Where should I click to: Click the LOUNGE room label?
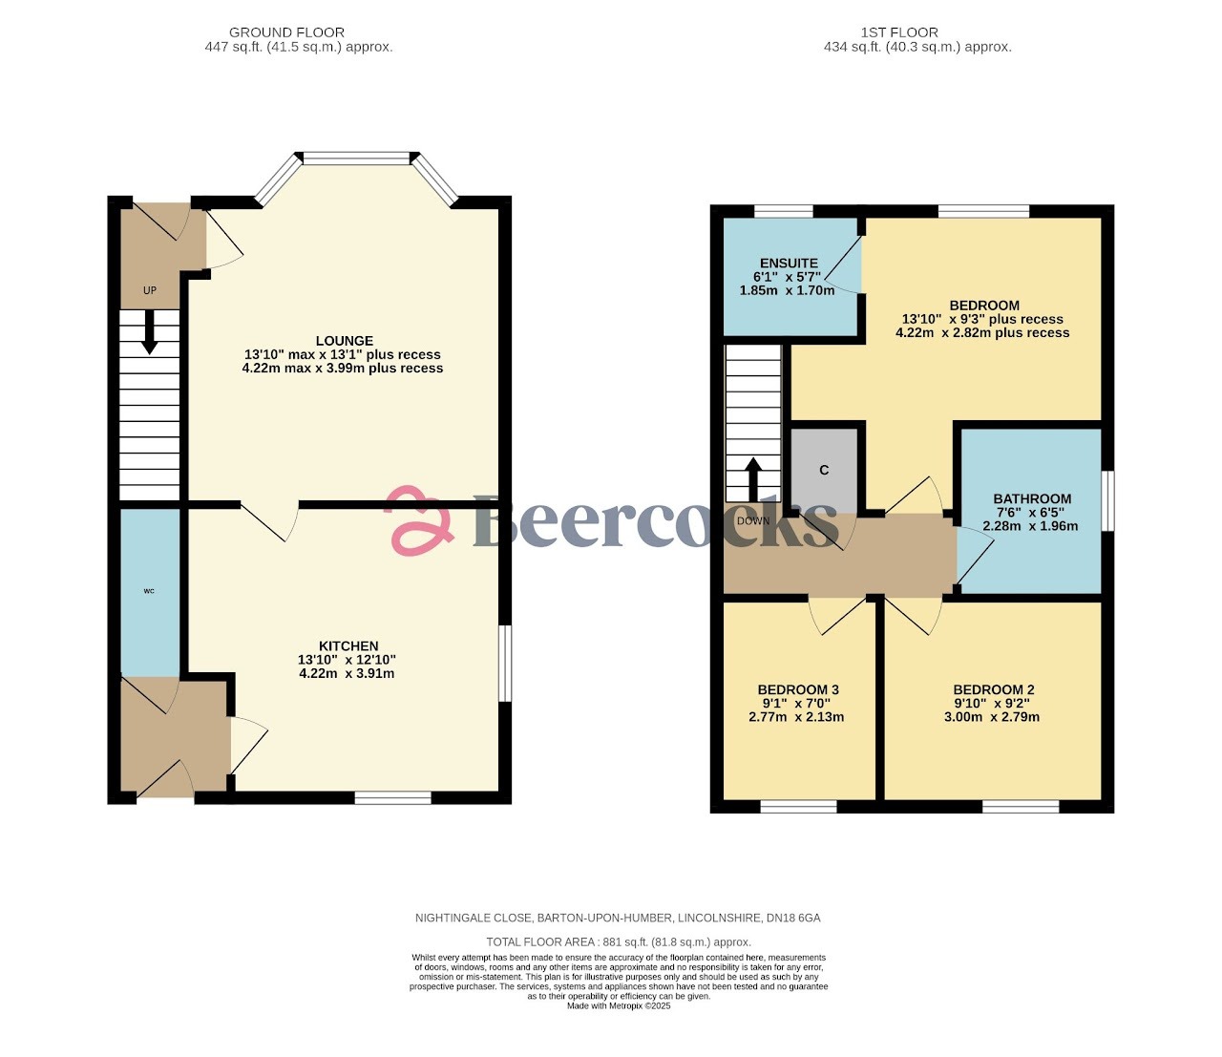coord(344,341)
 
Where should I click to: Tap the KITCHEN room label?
coord(348,646)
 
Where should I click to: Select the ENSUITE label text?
coord(789,264)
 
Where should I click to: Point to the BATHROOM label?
coord(1032,498)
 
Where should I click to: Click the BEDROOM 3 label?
coord(798,689)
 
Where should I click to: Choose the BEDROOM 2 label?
coord(993,689)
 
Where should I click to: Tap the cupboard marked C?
coord(824,470)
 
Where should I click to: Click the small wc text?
coord(149,591)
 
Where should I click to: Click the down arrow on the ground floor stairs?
coord(150,334)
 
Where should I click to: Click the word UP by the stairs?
coord(150,290)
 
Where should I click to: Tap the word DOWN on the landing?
coord(752,521)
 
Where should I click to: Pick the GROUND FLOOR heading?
coord(286,32)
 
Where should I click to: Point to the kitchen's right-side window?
coord(505,664)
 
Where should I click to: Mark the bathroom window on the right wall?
coord(1107,499)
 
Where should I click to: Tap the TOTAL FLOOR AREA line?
coord(618,941)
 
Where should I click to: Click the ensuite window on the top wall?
coord(783,211)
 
